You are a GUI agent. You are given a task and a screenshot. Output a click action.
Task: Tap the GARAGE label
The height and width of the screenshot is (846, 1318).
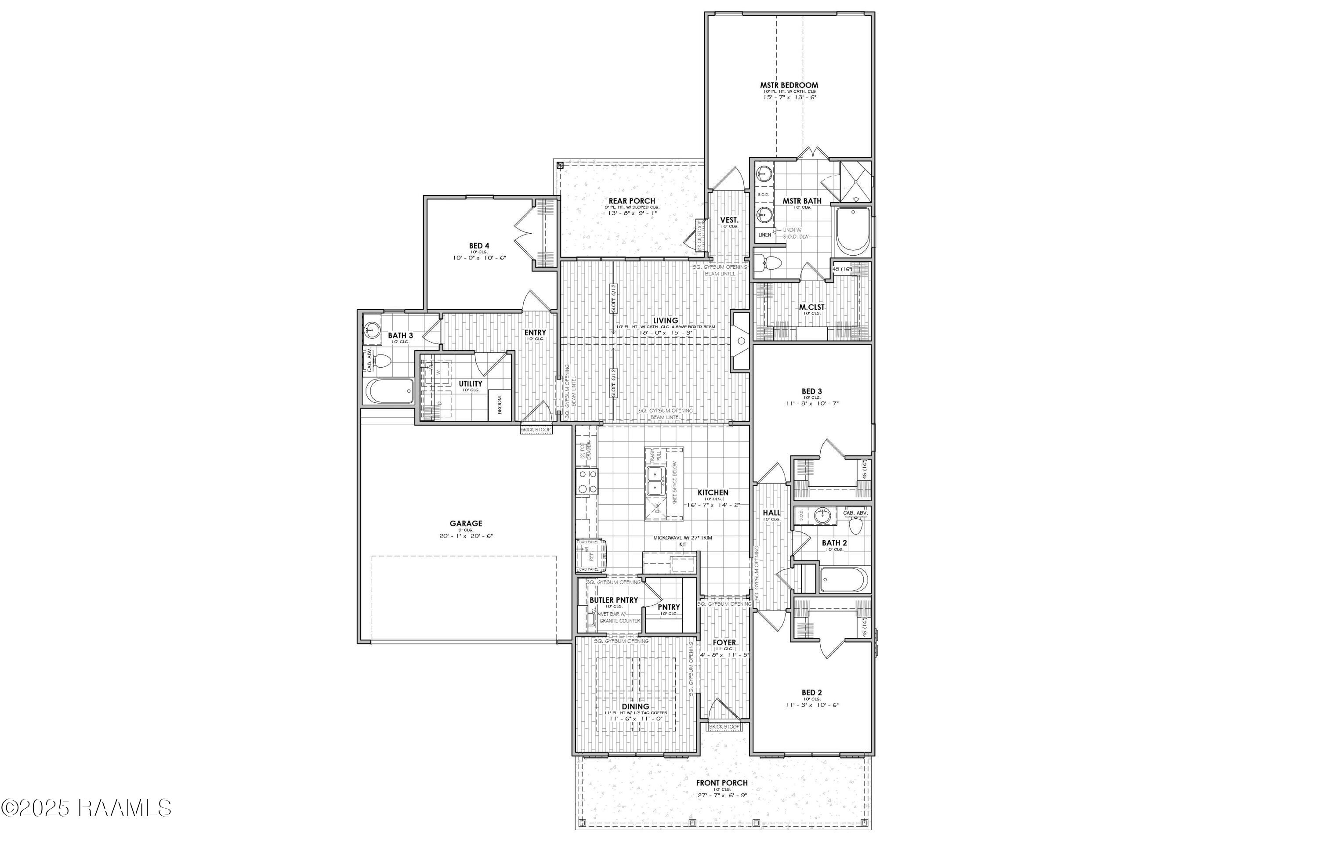(x=466, y=524)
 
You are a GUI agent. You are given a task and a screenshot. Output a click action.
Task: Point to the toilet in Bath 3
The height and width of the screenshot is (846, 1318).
(x=384, y=361)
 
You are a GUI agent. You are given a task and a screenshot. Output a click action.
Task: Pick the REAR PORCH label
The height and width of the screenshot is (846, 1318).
(x=632, y=201)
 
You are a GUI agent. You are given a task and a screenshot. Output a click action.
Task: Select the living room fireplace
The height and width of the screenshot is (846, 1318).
(x=740, y=340)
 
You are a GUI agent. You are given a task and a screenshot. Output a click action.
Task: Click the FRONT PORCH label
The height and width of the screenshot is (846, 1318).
(x=722, y=783)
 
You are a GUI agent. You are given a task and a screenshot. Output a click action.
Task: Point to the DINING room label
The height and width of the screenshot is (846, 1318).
(x=635, y=706)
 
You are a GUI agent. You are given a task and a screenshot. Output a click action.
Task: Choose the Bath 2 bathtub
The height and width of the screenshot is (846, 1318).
(x=844, y=580)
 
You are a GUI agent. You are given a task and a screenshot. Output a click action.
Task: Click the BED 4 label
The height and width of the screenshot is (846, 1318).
(x=479, y=246)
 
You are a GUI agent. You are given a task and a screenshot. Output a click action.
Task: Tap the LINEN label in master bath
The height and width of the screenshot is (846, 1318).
(x=764, y=235)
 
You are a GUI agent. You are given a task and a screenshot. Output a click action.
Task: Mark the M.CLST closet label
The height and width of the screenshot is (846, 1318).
(x=811, y=307)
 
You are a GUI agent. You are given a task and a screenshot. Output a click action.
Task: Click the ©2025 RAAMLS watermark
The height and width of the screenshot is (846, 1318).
(x=86, y=807)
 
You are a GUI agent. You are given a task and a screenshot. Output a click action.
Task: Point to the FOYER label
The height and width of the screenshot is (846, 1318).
(x=724, y=642)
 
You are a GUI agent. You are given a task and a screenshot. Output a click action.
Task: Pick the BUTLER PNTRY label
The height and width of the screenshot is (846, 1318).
(x=614, y=600)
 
